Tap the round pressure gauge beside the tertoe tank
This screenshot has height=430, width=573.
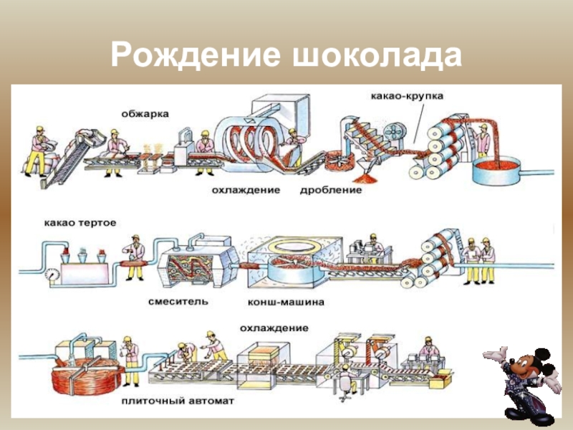(52, 273)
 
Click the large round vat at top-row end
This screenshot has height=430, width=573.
(499, 169)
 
